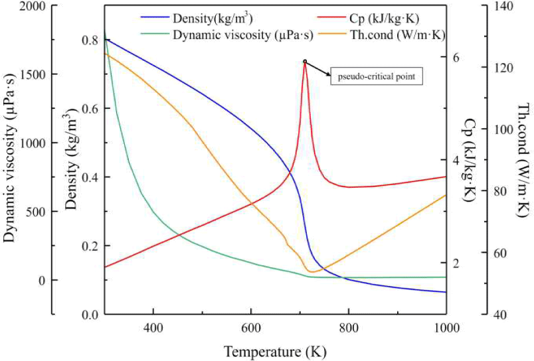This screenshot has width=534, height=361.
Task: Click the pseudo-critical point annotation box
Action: (376, 76)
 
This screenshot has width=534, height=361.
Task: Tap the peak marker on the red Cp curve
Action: (305, 62)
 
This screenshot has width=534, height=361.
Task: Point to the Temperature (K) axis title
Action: (275, 350)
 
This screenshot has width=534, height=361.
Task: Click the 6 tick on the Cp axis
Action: (456, 57)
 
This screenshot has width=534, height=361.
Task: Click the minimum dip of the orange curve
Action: (311, 271)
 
